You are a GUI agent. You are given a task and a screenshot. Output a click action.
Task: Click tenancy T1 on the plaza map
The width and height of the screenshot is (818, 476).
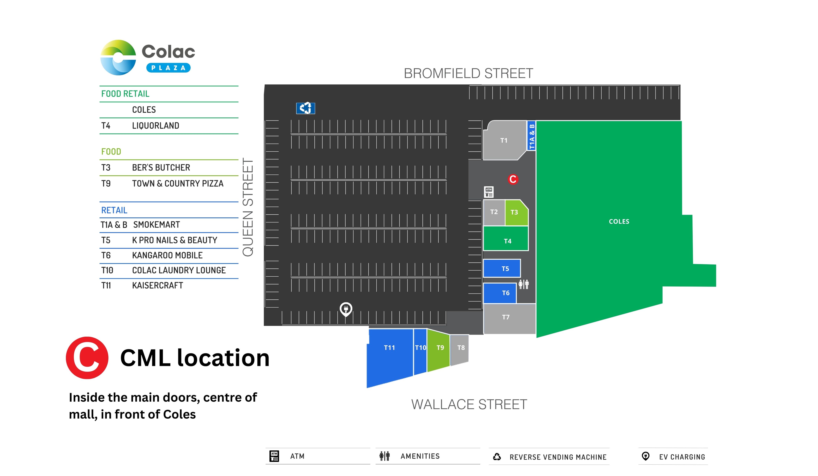(x=504, y=140)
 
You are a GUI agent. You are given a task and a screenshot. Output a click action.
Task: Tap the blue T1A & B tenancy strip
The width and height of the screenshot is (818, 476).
(x=531, y=136)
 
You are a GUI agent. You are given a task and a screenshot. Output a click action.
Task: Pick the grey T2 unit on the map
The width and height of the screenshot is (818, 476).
(x=494, y=213)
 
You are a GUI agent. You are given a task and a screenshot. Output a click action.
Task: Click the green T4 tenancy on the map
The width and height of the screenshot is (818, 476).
(x=506, y=238)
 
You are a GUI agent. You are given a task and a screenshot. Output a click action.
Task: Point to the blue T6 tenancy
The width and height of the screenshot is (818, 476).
(x=500, y=293)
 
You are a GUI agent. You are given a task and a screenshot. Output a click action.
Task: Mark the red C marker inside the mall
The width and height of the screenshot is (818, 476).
(x=513, y=179)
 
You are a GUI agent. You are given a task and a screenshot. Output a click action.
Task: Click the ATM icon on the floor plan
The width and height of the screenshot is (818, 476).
(x=489, y=192)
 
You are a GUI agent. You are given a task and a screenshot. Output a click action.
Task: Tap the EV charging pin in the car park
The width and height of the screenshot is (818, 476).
(x=346, y=309)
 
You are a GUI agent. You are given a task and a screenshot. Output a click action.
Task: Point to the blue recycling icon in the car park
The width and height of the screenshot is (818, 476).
(x=305, y=108)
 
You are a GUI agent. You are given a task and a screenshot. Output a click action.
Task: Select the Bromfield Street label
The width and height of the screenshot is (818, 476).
(x=468, y=73)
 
